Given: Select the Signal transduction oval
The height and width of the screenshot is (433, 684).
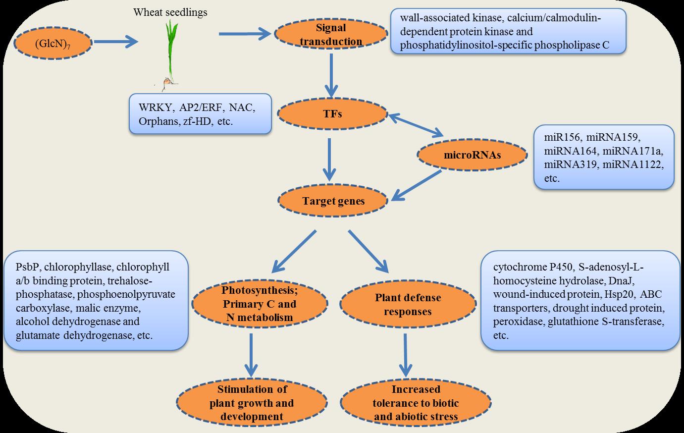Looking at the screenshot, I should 331,34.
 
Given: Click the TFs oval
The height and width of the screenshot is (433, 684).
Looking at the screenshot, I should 332,114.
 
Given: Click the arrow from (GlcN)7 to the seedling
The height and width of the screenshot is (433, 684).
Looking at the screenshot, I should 116,42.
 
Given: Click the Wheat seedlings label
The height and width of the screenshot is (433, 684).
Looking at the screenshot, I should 170,12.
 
